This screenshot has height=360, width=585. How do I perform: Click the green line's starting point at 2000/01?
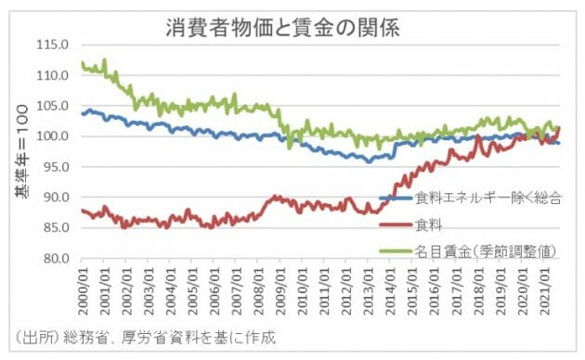(83, 63)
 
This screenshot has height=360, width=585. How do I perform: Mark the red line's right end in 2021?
(560, 128)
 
